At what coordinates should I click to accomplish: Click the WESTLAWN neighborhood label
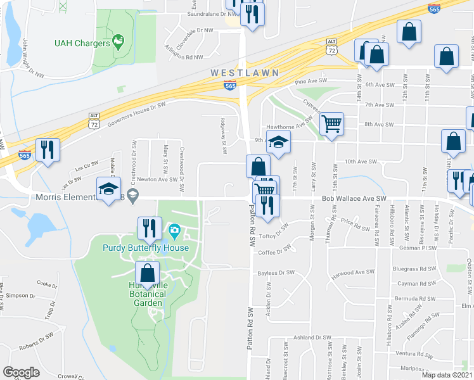245,73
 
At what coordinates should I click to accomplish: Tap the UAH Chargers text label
81,43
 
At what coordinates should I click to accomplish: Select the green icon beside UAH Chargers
117,42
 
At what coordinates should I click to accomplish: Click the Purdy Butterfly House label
146,248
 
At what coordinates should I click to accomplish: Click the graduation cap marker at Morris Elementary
108,188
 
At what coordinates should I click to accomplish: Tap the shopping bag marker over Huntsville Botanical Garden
148,275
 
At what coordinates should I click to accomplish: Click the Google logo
21,372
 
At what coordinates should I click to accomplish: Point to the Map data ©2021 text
446,375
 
